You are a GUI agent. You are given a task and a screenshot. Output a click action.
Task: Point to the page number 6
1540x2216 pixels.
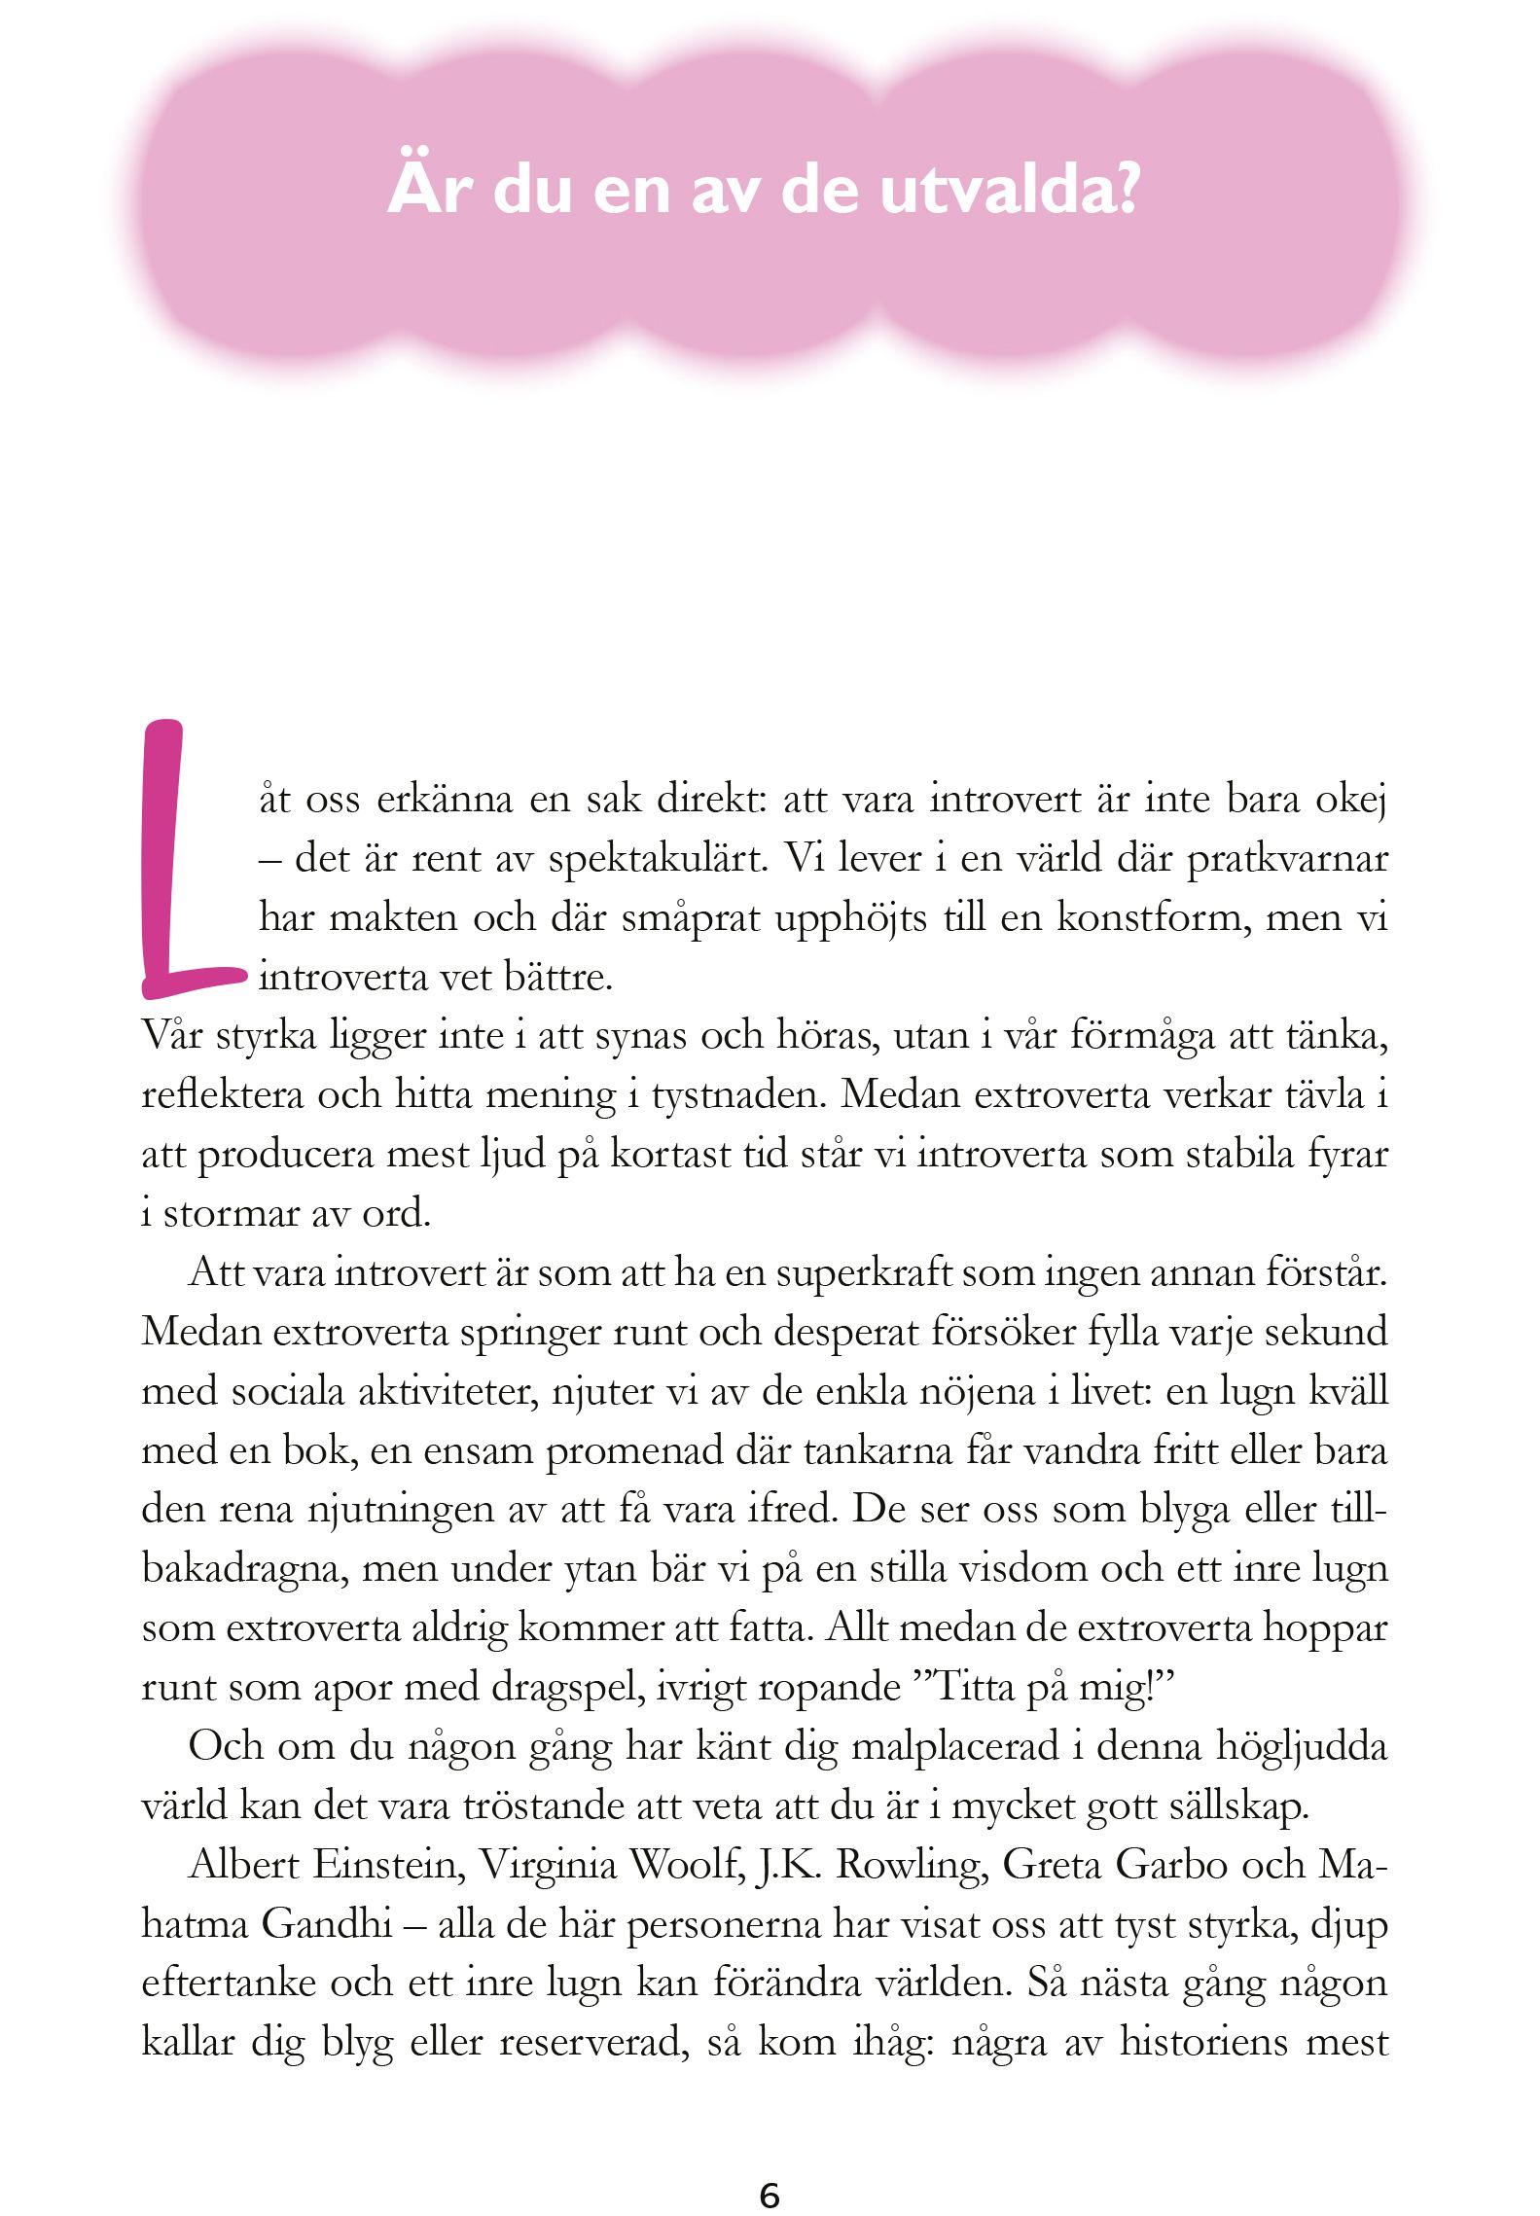(x=770, y=2168)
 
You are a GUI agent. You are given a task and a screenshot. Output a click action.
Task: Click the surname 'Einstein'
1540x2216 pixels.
(x=383, y=1866)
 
